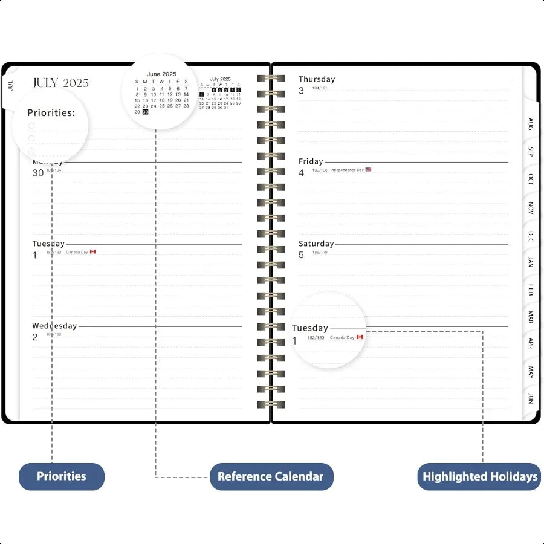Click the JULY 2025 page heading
tap(60, 83)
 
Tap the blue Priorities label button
tap(62, 476)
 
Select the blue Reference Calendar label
tap(271, 476)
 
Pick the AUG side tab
tap(531, 125)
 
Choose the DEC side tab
tap(531, 236)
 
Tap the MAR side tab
tap(531, 317)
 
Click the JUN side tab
tap(531, 398)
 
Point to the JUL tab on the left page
tap(11, 85)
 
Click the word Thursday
tap(317, 79)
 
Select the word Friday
tap(311, 161)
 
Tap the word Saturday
tap(316, 244)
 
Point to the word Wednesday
tap(54, 326)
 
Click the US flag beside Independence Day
tap(368, 170)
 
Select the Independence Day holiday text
tap(347, 170)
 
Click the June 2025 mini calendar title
tap(161, 74)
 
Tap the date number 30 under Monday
tap(38, 173)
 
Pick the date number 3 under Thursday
tap(302, 91)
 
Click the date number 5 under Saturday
tap(302, 255)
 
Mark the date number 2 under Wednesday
tap(35, 337)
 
